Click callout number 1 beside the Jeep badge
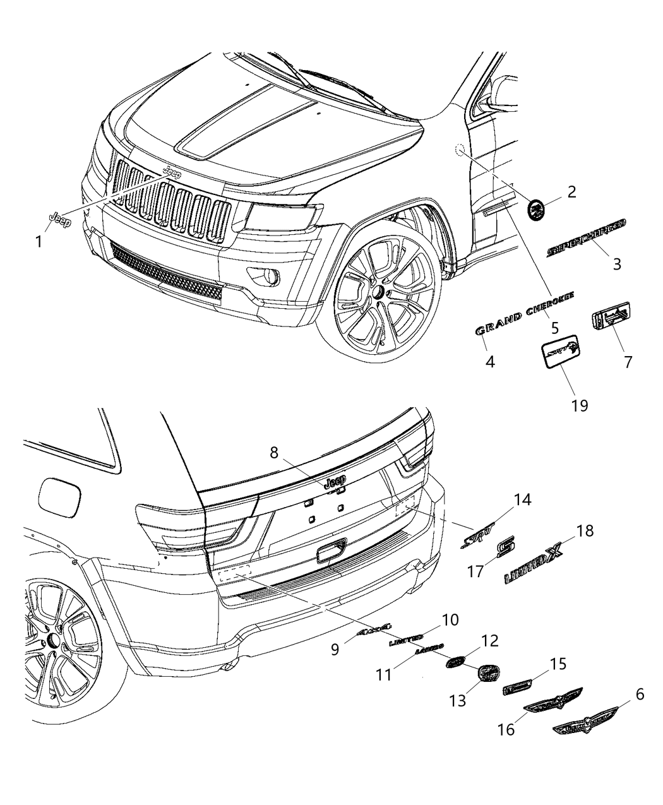click(39, 241)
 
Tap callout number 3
click(616, 263)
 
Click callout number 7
click(628, 362)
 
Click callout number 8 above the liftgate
click(273, 453)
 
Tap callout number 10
click(450, 619)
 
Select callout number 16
click(506, 729)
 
